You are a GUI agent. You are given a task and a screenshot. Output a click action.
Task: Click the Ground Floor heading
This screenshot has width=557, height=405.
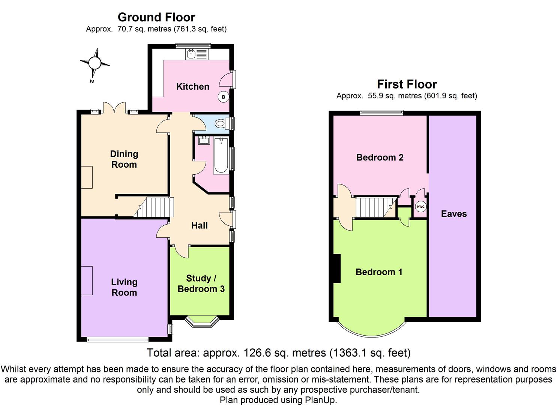point(156,17)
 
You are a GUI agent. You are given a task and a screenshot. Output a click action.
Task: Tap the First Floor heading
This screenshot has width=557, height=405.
point(407,84)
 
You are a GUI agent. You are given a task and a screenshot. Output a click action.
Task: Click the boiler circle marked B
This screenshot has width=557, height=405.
point(224,97)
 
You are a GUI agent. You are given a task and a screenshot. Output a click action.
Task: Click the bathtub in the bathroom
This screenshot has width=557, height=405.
point(221,155)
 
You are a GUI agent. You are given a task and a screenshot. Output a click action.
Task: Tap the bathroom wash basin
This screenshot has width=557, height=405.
point(204,141)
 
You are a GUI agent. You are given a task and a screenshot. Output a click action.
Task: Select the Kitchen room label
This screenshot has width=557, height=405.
point(193,87)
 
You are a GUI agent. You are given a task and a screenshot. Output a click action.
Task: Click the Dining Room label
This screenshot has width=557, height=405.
point(124,159)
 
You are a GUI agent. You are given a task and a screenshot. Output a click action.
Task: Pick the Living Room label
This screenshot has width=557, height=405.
point(124,287)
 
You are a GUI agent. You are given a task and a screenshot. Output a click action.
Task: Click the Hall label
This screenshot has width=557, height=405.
point(199,225)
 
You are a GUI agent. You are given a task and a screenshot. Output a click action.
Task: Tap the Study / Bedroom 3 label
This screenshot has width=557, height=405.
point(201,283)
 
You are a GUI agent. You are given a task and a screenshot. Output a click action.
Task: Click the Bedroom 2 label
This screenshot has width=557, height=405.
point(380,157)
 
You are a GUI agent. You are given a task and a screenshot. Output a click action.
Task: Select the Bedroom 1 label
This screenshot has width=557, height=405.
point(379,272)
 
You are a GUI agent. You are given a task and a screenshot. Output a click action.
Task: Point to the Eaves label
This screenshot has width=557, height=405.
point(454,214)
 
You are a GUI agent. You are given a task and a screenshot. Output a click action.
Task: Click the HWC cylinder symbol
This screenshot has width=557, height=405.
point(420,207)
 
